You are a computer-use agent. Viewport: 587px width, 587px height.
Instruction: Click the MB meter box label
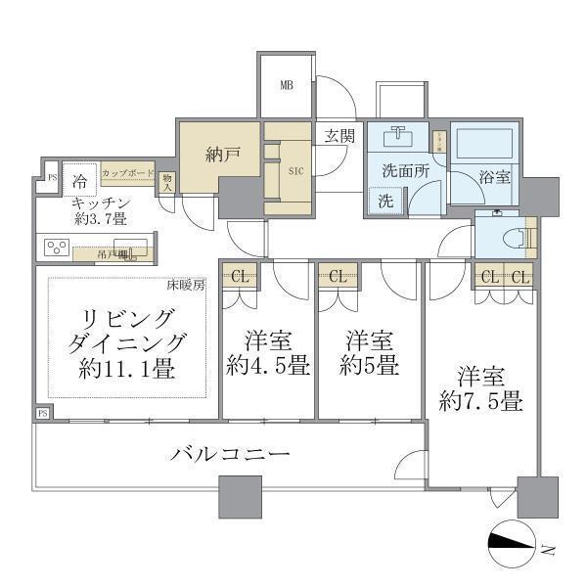(287, 85)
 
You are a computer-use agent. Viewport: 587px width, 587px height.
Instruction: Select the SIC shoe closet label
(295, 168)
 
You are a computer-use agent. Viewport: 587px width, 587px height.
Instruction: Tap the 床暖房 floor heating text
(186, 287)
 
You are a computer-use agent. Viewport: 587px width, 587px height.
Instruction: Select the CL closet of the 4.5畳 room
(239, 276)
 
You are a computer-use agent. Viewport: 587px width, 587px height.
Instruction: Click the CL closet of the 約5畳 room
(338, 276)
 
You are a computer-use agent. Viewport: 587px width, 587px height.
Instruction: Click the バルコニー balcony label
(230, 454)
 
